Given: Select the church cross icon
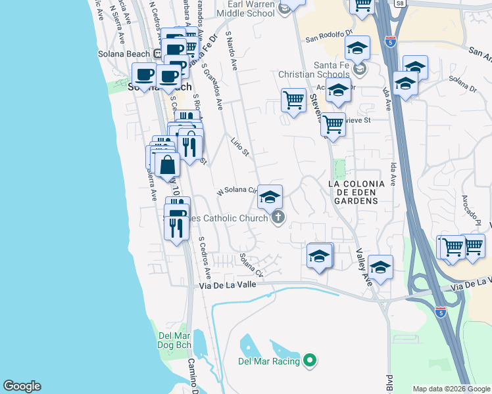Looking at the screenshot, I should pos(278,217).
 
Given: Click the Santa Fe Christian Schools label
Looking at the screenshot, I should pos(333,70).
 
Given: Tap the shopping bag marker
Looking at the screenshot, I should pos(167,165).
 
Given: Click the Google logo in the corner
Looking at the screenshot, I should pos(22,386).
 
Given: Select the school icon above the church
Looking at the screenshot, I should pos(270,196).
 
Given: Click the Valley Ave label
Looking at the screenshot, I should pos(362,267).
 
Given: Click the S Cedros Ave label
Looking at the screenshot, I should pos(205,257).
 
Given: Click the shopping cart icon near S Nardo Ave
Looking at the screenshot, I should pos(293,100).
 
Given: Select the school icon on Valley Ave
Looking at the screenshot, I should pos(380,267).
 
